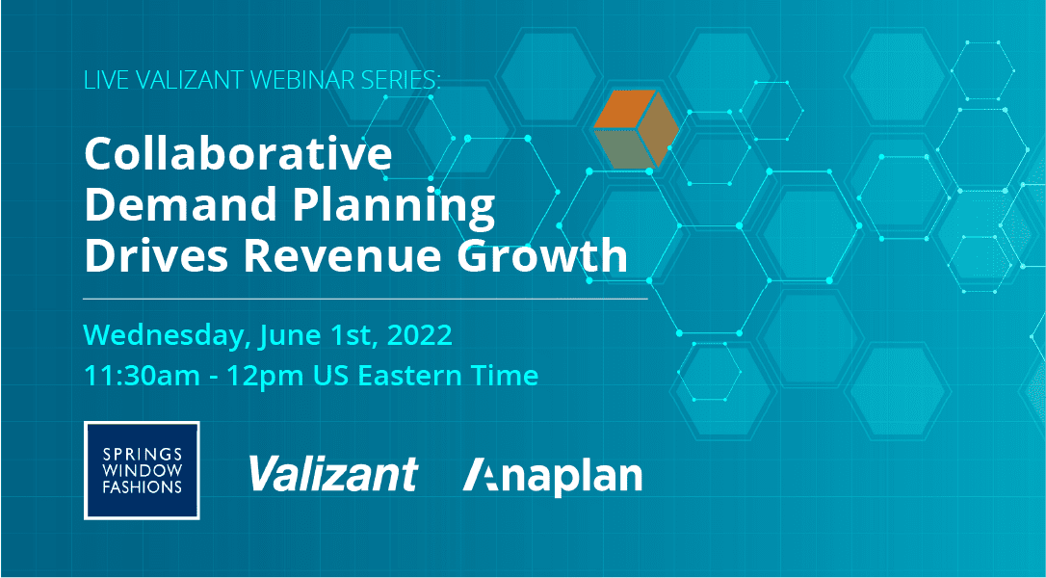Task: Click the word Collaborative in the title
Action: point(238,155)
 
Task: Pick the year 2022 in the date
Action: point(418,336)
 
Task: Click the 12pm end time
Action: point(267,376)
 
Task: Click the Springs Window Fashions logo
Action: point(142,470)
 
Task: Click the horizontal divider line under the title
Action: point(366,300)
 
